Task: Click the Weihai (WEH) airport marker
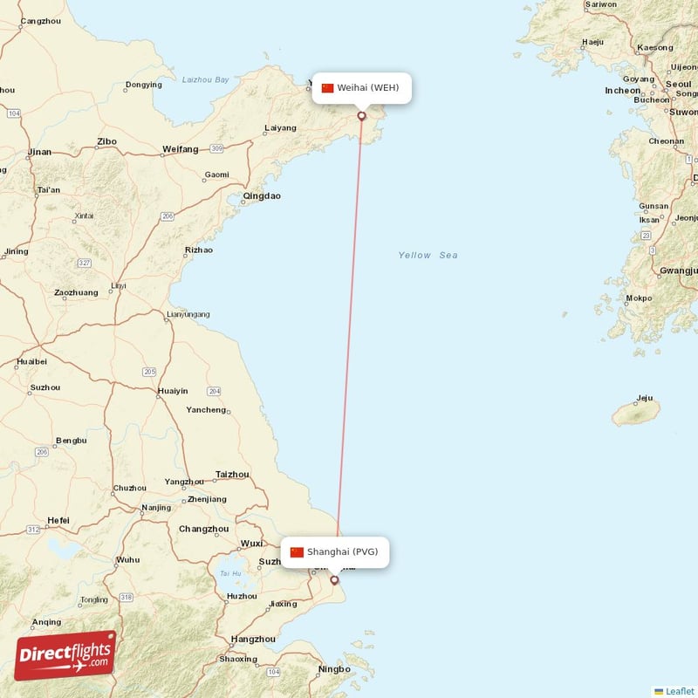point(362,115)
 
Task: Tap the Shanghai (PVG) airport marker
point(334,579)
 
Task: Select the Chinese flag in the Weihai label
point(328,87)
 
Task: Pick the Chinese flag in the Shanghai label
point(297,551)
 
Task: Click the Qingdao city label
point(262,196)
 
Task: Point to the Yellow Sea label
point(428,256)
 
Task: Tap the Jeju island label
point(645,399)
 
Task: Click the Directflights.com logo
point(65,655)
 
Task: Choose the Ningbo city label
point(334,670)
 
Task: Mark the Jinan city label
point(40,152)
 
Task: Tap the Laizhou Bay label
point(205,79)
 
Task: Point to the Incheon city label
point(622,90)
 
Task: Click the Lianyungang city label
point(188,314)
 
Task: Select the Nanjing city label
point(156,508)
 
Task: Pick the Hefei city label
point(58,521)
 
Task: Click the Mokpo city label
point(639,298)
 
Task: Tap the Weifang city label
point(181,150)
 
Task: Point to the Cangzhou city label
point(40,20)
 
